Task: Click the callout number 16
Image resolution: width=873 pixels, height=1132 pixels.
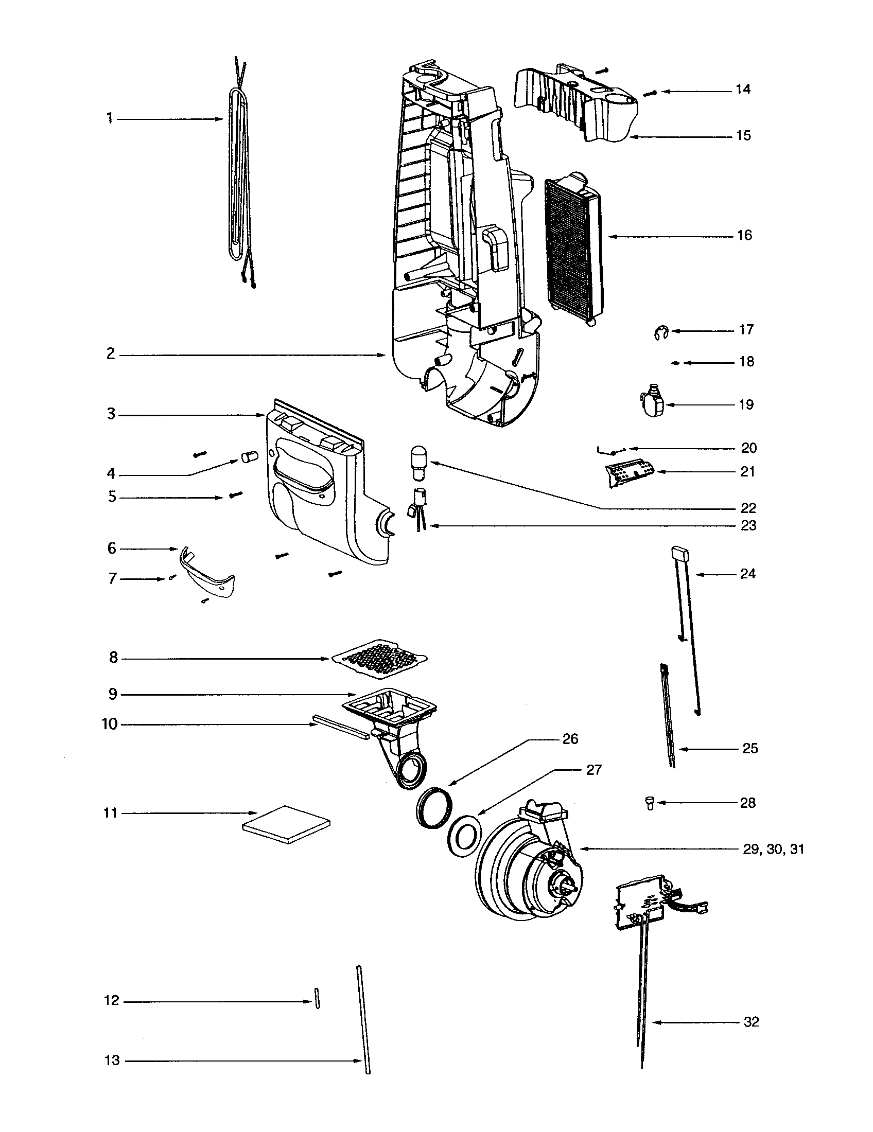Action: pyautogui.click(x=744, y=236)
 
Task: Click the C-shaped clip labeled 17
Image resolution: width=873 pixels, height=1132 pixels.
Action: pyautogui.click(x=660, y=332)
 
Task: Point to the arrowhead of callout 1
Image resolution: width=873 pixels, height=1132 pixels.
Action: pyautogui.click(x=219, y=119)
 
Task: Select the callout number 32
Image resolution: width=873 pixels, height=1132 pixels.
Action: pyautogui.click(x=751, y=1022)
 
